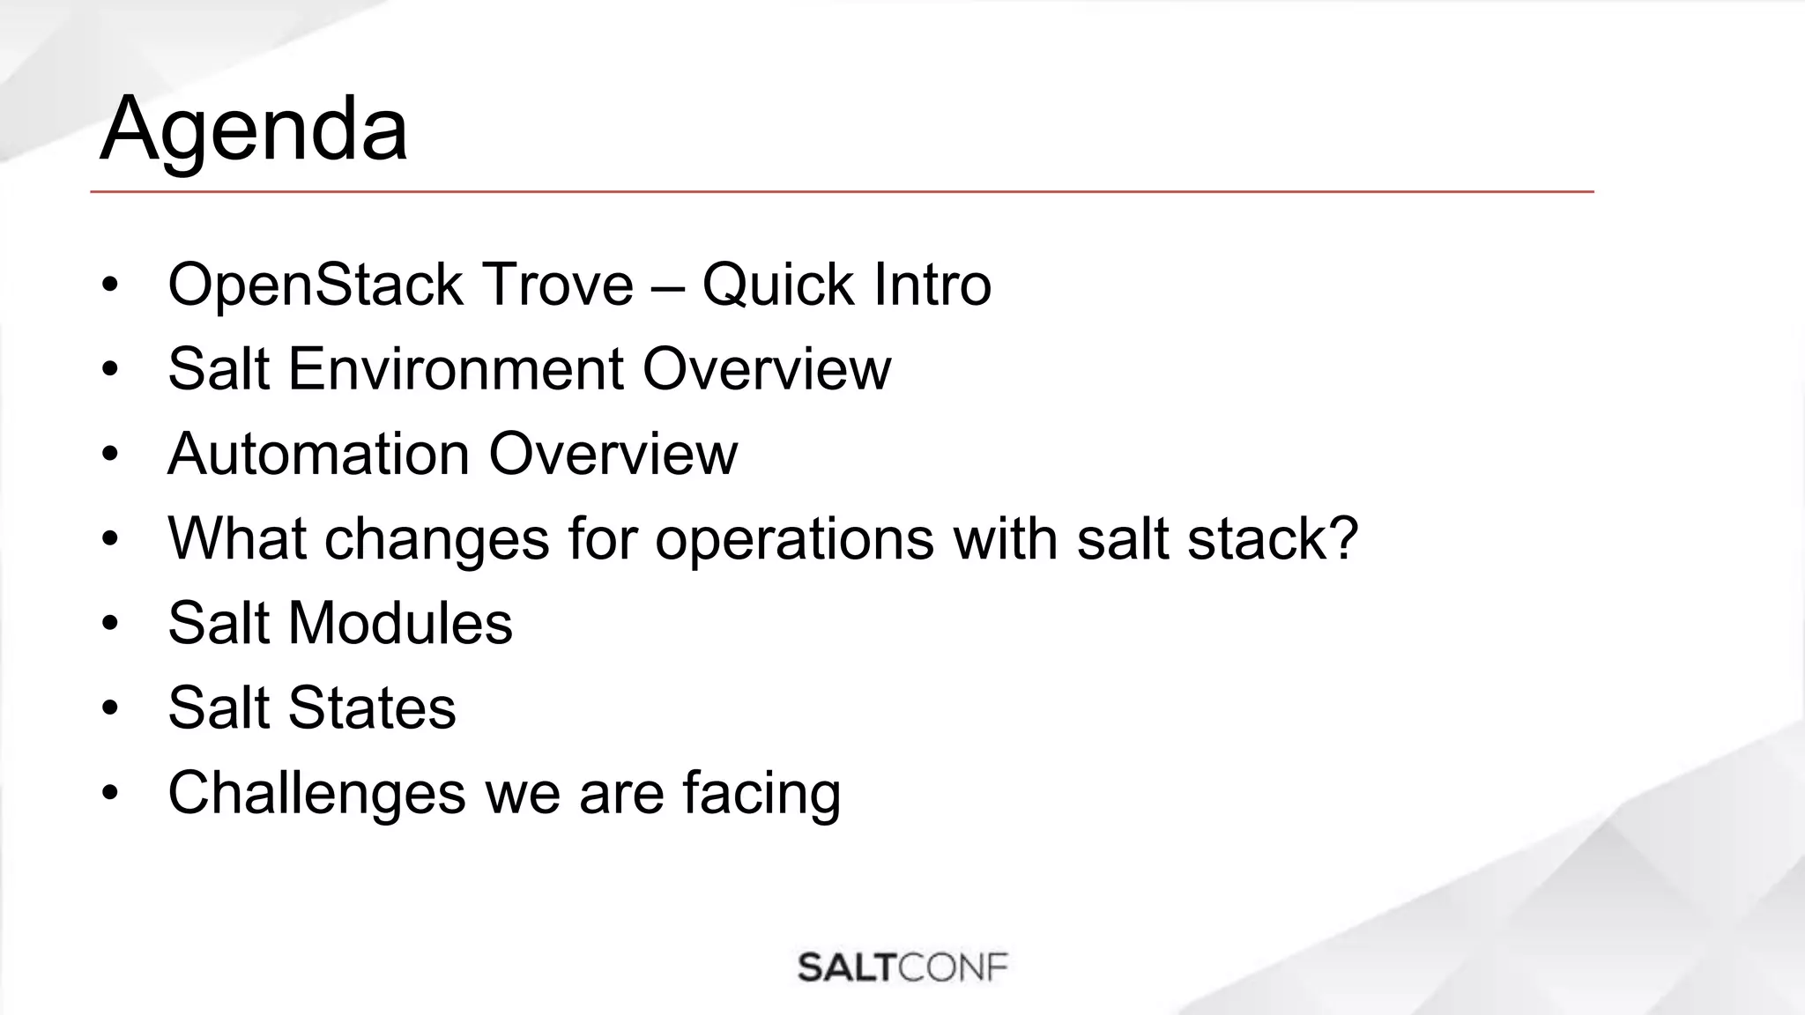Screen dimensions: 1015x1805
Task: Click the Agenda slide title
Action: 254,130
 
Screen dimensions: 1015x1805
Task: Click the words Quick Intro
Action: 846,285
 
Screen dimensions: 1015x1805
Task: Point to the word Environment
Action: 456,368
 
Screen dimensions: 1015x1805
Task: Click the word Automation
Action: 318,454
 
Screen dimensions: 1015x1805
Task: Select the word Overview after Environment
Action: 767,368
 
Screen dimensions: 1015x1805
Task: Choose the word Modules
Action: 400,623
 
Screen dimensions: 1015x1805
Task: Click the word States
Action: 372,708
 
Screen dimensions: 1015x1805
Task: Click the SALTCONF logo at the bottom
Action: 902,967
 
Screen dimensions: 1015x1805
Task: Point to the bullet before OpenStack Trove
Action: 109,285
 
